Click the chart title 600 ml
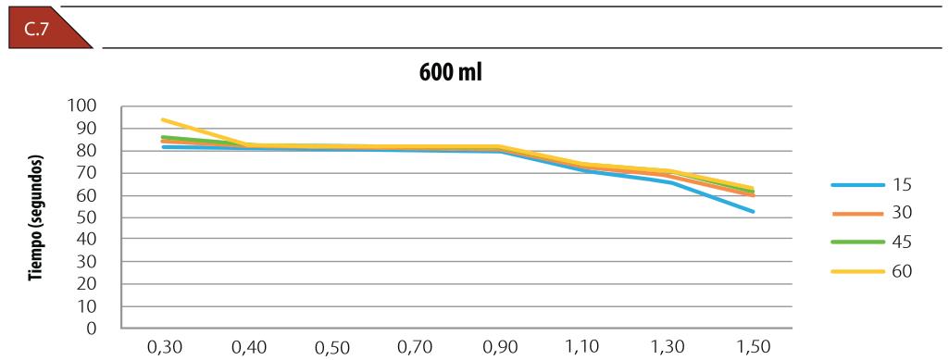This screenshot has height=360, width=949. [450, 74]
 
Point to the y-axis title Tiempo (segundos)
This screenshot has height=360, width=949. [38, 217]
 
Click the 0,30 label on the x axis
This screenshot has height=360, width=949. [164, 347]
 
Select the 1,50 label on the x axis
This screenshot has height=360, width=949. [755, 347]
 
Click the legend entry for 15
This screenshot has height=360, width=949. [871, 184]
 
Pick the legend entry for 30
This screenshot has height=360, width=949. [871, 213]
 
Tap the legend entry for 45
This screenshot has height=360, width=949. [871, 242]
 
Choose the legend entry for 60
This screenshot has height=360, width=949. [871, 271]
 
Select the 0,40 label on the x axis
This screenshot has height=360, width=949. [248, 347]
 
